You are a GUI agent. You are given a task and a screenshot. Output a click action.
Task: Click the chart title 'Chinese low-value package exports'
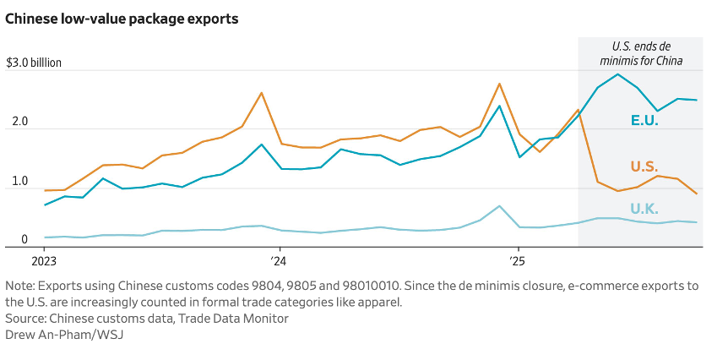(122, 19)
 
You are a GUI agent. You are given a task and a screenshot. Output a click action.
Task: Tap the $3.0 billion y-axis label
(34, 63)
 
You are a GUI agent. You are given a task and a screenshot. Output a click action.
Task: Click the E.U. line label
(644, 120)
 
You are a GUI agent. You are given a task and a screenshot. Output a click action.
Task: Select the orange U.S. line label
(644, 166)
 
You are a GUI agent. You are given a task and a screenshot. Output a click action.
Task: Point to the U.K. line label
(644, 208)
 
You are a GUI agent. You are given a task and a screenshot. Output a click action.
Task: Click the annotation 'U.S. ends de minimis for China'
(641, 54)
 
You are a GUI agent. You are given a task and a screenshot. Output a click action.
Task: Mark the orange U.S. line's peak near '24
(261, 93)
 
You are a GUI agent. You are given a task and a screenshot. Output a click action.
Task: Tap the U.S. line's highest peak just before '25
(499, 84)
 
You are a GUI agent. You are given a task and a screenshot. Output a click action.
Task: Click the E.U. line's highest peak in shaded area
(618, 74)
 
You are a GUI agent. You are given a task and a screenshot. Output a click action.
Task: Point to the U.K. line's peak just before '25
(499, 206)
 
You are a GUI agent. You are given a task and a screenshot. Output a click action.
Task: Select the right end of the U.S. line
(697, 194)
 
